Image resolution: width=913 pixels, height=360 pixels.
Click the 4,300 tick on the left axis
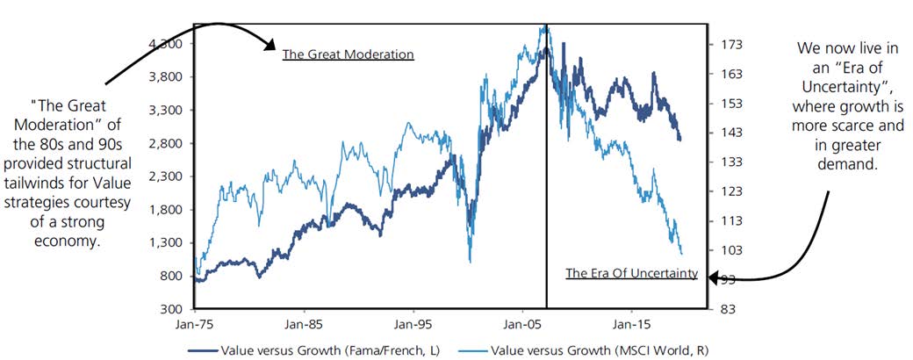click(165, 44)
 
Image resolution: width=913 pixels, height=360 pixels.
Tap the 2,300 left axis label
click(165, 176)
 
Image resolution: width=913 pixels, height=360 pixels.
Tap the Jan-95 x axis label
click(413, 323)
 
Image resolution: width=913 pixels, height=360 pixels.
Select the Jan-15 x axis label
click(630, 323)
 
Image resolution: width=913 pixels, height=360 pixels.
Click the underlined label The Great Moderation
click(348, 54)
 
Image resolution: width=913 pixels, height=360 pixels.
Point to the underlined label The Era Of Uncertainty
click(631, 274)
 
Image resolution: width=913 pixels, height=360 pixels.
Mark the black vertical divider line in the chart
click(546, 176)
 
